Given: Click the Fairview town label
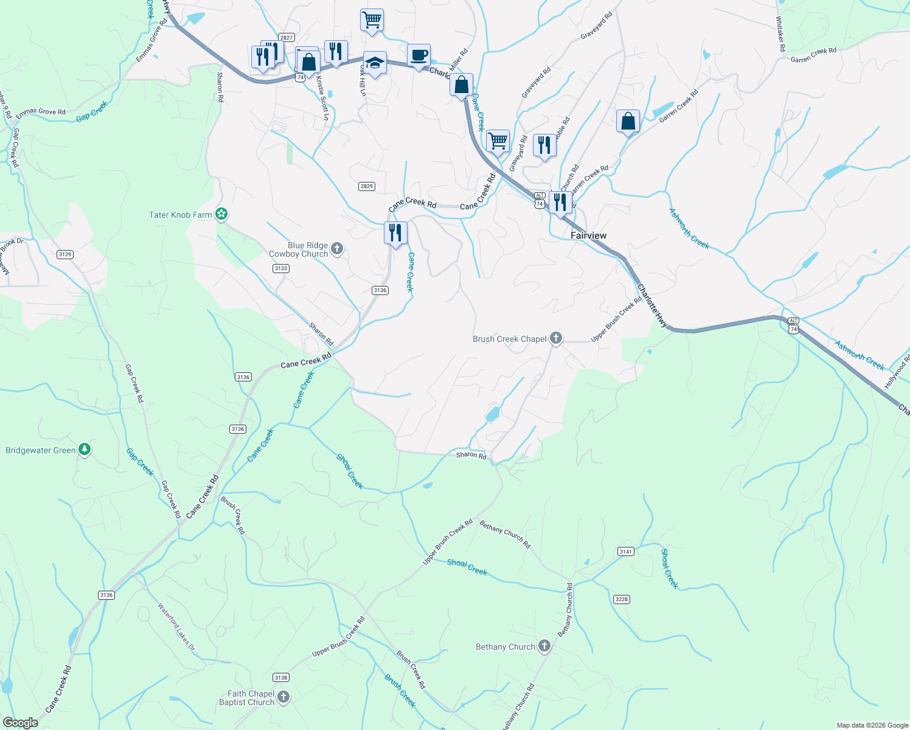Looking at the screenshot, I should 588,235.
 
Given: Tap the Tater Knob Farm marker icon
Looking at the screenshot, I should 223,214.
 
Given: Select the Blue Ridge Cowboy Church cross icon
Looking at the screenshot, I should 337,248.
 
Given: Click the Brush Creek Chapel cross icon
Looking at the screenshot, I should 556,338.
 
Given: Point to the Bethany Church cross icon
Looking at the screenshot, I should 544,646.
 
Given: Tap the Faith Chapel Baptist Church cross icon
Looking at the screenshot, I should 283,697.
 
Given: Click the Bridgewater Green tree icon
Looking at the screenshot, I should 85,450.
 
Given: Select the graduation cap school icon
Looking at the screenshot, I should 375,63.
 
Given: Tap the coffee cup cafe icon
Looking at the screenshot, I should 419,56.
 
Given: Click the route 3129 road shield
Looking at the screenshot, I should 65,254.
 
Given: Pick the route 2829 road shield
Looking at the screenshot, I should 366,187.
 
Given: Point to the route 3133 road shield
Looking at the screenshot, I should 280,268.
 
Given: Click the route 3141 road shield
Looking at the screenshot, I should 626,552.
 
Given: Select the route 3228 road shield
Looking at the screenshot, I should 621,599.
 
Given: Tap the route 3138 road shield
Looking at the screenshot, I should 280,677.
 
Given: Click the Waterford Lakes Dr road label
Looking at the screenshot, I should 176,625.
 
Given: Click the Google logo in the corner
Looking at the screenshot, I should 21,722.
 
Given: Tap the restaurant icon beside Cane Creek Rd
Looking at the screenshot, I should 395,232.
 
